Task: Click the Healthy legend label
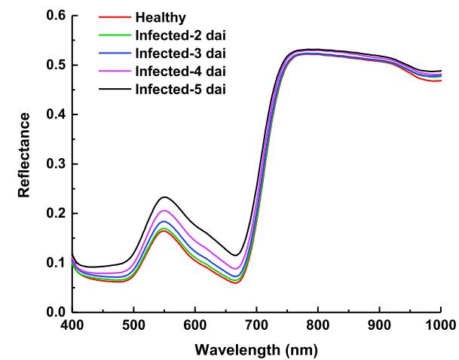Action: tap(160, 17)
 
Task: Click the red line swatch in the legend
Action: tap(115, 17)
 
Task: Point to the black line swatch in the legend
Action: tap(115, 90)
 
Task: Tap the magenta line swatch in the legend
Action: tap(115, 72)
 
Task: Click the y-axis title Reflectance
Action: tap(26, 155)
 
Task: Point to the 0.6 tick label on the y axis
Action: tap(55, 16)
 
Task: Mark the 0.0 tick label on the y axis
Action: tap(55, 312)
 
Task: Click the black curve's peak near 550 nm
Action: tap(164, 197)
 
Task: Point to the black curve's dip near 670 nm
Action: tap(237, 255)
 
